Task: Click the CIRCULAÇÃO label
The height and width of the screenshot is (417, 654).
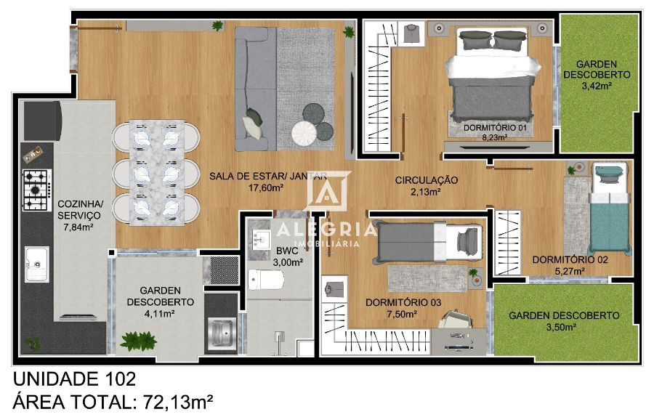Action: click(427, 180)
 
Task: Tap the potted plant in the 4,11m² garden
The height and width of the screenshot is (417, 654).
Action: click(138, 340)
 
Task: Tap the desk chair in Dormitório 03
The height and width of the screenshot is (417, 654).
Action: click(456, 320)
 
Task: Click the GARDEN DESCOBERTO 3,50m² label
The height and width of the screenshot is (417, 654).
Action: click(563, 321)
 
